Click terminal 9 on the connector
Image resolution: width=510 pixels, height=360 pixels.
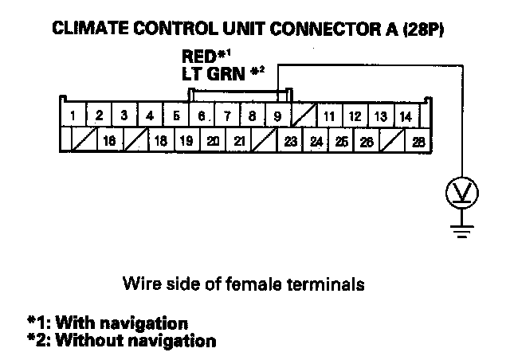[277, 116]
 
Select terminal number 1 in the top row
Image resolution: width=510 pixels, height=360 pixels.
[73, 116]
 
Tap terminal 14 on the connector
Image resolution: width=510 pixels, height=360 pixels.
[405, 116]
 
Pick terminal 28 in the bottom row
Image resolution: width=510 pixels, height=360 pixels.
[418, 142]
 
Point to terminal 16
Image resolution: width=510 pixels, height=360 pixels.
[109, 142]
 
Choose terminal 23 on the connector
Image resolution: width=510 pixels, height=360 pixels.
[290, 142]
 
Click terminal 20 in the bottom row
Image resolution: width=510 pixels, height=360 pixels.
[213, 142]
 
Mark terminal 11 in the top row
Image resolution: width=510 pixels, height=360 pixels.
[328, 116]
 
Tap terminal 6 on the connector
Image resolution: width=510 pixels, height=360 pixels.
[202, 116]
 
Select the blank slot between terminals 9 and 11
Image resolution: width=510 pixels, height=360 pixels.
[303, 116]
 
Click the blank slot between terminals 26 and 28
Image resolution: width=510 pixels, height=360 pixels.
[393, 142]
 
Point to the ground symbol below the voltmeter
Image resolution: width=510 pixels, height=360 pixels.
[460, 230]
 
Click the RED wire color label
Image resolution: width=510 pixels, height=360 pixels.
[200, 58]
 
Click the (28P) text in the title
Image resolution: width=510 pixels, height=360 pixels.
[422, 29]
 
